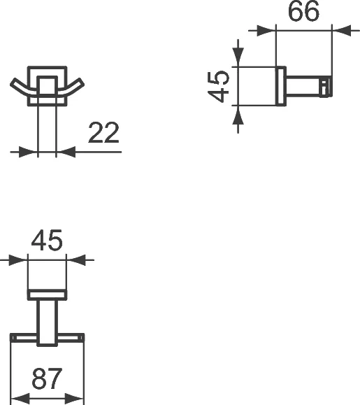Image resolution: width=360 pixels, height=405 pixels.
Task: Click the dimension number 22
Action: pyautogui.click(x=103, y=133)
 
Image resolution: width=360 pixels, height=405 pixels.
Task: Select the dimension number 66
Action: pyautogui.click(x=303, y=13)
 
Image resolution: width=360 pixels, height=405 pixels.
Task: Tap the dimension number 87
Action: pyautogui.click(x=48, y=380)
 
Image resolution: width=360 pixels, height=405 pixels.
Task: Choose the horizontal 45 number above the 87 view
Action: pyautogui.click(x=47, y=241)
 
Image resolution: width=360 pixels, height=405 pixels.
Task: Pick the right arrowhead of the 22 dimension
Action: pyautogui.click(x=64, y=150)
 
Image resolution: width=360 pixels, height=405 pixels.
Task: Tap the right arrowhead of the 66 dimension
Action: pyautogui.click(x=340, y=30)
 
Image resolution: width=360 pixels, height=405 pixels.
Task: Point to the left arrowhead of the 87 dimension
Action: pyautogui.click(x=20, y=399)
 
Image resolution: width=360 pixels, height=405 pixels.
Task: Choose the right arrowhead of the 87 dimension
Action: pyautogui.click(x=76, y=399)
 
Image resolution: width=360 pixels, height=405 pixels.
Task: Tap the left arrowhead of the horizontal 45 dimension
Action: pyautogui.click(x=19, y=260)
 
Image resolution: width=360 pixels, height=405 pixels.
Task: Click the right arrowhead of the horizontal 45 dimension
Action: pyautogui.click(x=75, y=260)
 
